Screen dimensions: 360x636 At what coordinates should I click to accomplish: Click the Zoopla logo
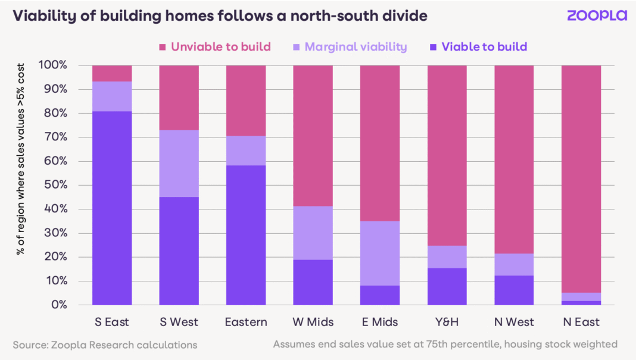(x=596, y=15)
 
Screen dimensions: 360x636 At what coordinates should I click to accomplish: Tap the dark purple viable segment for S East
(x=112, y=208)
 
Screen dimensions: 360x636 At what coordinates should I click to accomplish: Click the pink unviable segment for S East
(x=112, y=73)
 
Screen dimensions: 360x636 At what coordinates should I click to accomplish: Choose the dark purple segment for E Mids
(x=380, y=295)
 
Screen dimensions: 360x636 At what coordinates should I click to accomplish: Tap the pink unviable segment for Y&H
(x=447, y=155)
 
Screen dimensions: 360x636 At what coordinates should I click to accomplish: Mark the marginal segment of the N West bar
(x=514, y=264)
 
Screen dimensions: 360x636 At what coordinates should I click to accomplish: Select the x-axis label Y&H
(x=447, y=322)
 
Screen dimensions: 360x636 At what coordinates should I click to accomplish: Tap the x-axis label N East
(x=581, y=322)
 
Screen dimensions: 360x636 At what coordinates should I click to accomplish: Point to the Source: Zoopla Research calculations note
(x=105, y=345)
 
